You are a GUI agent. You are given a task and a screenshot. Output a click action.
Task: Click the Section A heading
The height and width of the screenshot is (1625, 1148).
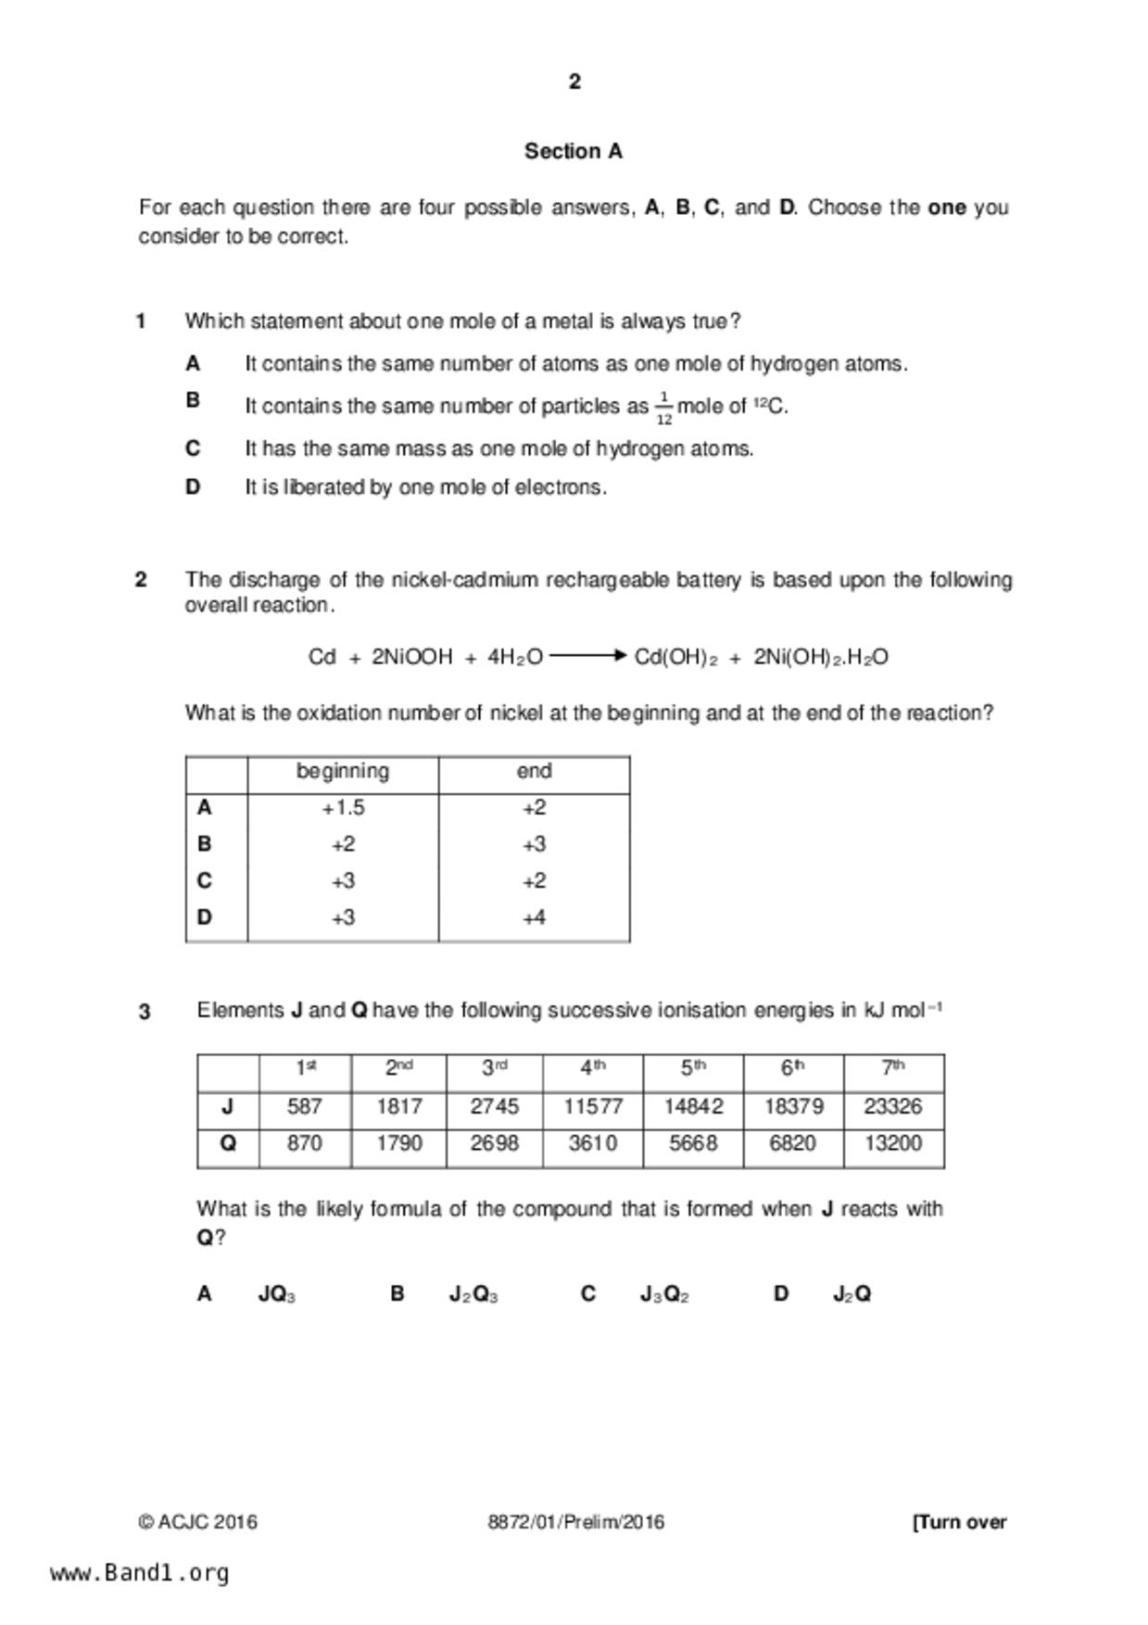(x=574, y=151)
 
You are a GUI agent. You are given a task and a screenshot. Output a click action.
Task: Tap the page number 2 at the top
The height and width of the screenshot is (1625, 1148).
(x=574, y=82)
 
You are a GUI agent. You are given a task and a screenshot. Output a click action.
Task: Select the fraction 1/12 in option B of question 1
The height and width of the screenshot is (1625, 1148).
(x=663, y=408)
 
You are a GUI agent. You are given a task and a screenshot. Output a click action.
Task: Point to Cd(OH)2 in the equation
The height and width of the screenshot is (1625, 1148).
(x=675, y=658)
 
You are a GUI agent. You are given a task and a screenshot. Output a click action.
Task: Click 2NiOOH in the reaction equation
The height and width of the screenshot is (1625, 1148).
(x=411, y=658)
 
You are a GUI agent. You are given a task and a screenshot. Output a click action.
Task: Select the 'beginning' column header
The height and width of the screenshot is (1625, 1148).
(x=343, y=772)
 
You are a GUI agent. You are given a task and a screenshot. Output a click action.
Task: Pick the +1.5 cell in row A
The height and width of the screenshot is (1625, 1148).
(x=343, y=808)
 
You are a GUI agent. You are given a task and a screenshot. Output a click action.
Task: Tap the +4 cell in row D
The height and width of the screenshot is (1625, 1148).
(x=534, y=918)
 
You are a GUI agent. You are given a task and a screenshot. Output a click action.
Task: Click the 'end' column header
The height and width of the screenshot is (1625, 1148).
(x=534, y=772)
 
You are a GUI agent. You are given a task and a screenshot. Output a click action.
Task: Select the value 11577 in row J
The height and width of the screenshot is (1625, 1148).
(x=593, y=1107)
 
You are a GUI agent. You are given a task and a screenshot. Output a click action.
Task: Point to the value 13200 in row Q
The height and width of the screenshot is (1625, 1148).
(x=893, y=1144)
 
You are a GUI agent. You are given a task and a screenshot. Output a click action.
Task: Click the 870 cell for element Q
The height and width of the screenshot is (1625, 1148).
(x=305, y=1144)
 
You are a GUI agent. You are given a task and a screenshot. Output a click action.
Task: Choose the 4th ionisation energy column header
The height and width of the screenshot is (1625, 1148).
(x=593, y=1068)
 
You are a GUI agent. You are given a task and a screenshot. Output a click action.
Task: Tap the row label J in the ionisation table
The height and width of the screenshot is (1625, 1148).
(x=228, y=1107)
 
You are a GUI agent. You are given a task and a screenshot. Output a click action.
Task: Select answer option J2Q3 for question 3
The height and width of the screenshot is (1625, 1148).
(x=473, y=1294)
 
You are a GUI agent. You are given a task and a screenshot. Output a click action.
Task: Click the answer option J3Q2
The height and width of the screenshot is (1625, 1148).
(x=664, y=1294)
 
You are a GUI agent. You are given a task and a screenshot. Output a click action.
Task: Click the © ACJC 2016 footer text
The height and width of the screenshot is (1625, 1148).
(x=198, y=1522)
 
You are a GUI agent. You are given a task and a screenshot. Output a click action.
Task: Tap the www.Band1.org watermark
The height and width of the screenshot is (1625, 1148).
(x=140, y=1573)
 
